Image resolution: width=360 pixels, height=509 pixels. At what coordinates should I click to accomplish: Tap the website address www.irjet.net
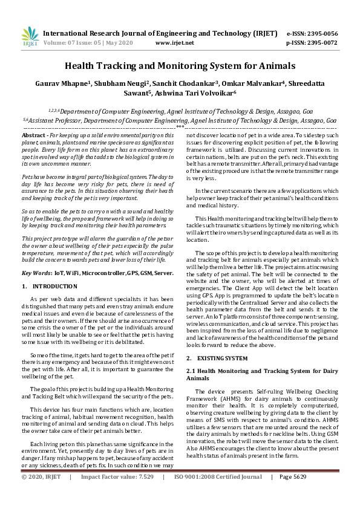tap(174, 43)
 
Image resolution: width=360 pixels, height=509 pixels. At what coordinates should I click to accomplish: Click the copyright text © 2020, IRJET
tap(41, 494)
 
